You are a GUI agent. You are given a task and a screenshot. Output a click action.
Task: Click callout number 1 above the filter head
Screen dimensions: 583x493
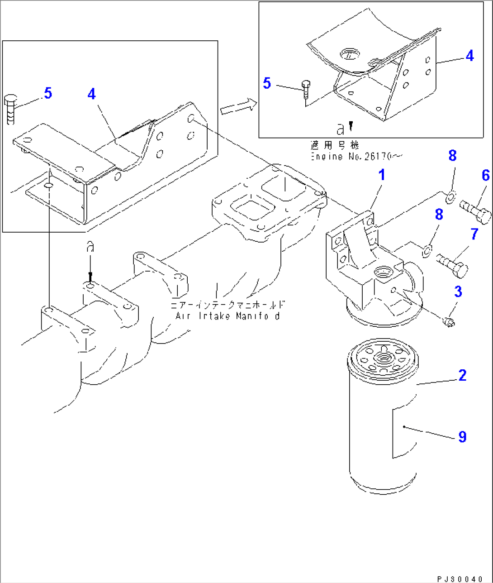click(382, 175)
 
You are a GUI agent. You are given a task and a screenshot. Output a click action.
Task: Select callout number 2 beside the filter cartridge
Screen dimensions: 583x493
click(462, 375)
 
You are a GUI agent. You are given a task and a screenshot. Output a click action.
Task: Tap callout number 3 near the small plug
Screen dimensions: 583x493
click(458, 291)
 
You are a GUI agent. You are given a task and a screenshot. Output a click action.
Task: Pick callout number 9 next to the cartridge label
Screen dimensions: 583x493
click(462, 437)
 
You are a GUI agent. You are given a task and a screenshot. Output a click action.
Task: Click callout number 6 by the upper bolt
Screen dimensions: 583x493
click(485, 175)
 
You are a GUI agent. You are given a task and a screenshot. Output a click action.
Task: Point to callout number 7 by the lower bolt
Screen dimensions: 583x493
click(474, 234)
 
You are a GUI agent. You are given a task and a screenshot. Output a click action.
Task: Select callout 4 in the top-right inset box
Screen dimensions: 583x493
click(469, 56)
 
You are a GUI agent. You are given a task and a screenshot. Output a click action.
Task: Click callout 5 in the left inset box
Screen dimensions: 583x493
click(47, 93)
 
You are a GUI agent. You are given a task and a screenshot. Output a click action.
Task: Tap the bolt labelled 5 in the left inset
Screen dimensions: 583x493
click(10, 109)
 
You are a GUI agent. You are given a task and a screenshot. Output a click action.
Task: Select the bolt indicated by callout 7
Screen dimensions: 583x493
click(452, 265)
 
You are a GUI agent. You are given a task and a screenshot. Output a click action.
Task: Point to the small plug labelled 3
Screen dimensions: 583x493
click(449, 322)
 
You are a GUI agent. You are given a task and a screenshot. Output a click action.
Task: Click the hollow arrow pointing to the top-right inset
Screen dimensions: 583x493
click(238, 107)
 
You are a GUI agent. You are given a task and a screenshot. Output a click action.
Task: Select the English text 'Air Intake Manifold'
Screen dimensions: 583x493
click(228, 316)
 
